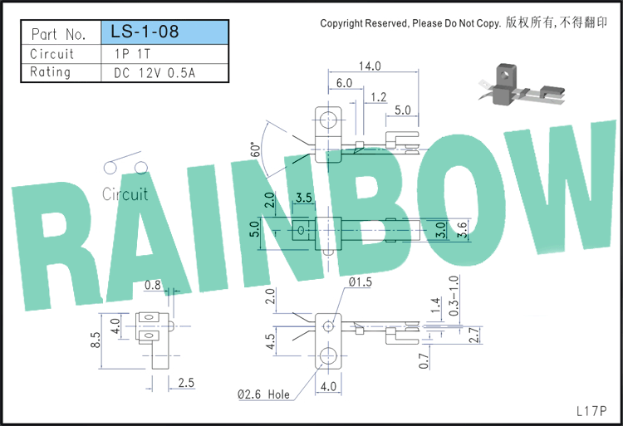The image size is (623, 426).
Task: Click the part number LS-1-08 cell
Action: coord(165,32)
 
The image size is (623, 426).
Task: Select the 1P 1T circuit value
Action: coord(132,54)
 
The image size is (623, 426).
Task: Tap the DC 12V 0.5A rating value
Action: coord(155,73)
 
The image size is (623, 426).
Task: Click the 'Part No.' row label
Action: coord(58,34)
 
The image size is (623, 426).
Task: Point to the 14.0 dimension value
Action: coord(370,66)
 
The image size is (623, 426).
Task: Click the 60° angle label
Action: coord(256,149)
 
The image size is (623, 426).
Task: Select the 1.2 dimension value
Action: coord(378,97)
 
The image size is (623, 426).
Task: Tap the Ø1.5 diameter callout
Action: coord(360,282)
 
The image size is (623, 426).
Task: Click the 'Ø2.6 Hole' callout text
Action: coord(263,394)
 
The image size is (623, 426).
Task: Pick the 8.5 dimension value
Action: coord(96,340)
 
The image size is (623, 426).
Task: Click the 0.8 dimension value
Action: coord(153,285)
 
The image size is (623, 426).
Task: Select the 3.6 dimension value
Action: coord(462,230)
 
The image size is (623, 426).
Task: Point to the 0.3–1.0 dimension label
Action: coord(454,296)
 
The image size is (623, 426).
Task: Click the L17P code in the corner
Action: coord(591,411)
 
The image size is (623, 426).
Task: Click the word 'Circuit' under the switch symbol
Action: coord(125,194)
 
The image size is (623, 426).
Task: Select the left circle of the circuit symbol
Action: coord(110,168)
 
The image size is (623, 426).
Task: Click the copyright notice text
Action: coord(464,23)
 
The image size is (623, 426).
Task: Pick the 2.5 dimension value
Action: coord(186,383)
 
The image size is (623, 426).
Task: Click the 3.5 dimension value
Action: coord(303,198)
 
